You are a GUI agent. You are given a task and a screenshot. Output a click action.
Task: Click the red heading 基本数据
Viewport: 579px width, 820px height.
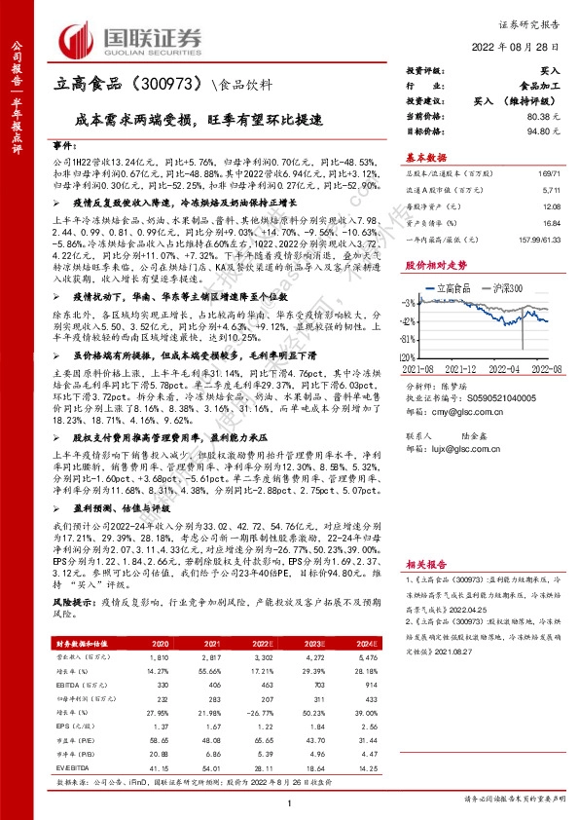point(425,156)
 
